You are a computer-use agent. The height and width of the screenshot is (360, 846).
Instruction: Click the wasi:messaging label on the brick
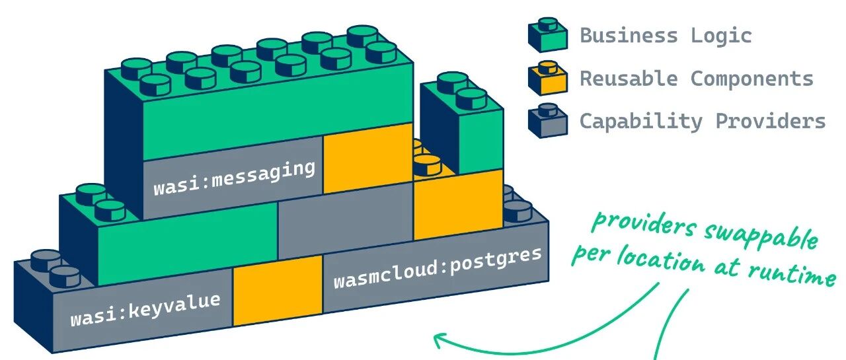point(234,178)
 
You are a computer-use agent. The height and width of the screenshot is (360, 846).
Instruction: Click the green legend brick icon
point(547,36)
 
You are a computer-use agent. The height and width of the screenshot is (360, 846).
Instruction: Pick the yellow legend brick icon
point(547,78)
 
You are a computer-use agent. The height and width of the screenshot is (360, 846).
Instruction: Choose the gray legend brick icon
point(547,121)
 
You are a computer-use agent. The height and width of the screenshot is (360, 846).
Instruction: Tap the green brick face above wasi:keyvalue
point(187,236)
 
